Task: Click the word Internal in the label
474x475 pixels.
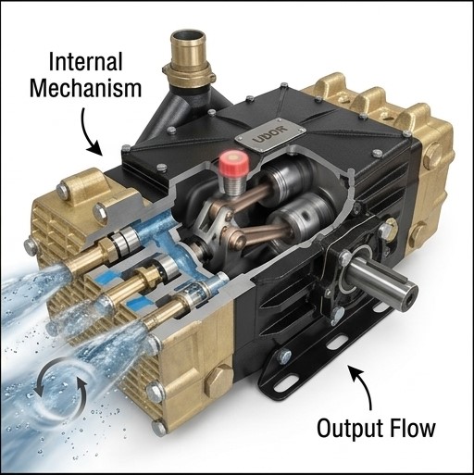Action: tap(85, 62)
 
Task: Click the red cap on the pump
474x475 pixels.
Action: tap(234, 163)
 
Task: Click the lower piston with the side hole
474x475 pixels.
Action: tap(302, 215)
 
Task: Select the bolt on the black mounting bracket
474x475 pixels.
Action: tap(284, 357)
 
